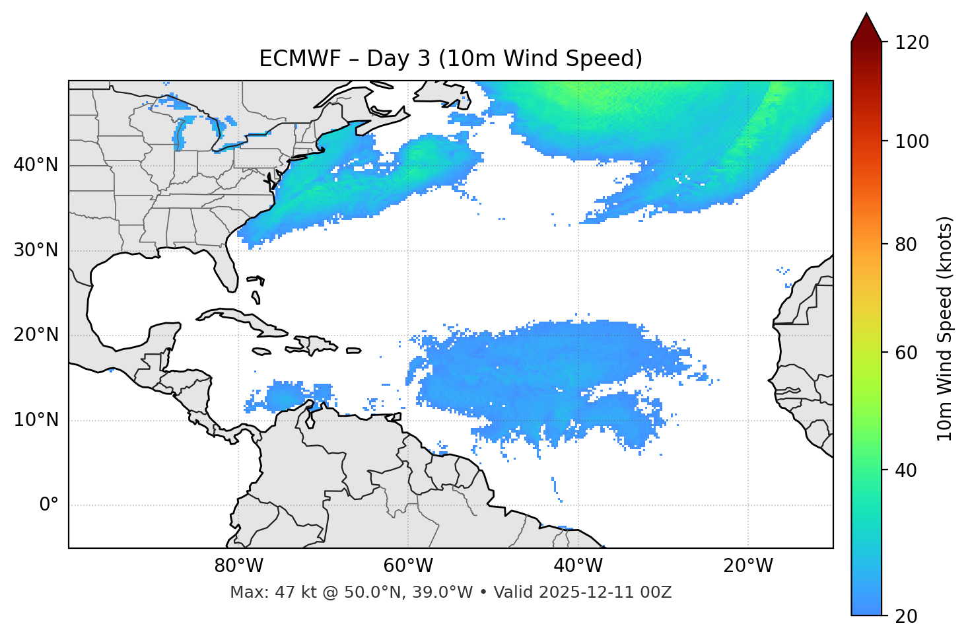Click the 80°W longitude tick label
[238, 566]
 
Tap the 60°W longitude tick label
[408, 566]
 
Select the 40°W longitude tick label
[578, 566]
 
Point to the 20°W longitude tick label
[748, 566]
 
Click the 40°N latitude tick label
[36, 165]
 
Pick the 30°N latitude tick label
[36, 250]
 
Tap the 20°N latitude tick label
[36, 335]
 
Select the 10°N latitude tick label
[36, 420]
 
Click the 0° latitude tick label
[49, 505]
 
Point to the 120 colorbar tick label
[912, 42]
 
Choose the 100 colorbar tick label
[912, 141]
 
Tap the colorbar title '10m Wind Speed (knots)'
[945, 328]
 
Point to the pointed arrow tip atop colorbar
[866, 15]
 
